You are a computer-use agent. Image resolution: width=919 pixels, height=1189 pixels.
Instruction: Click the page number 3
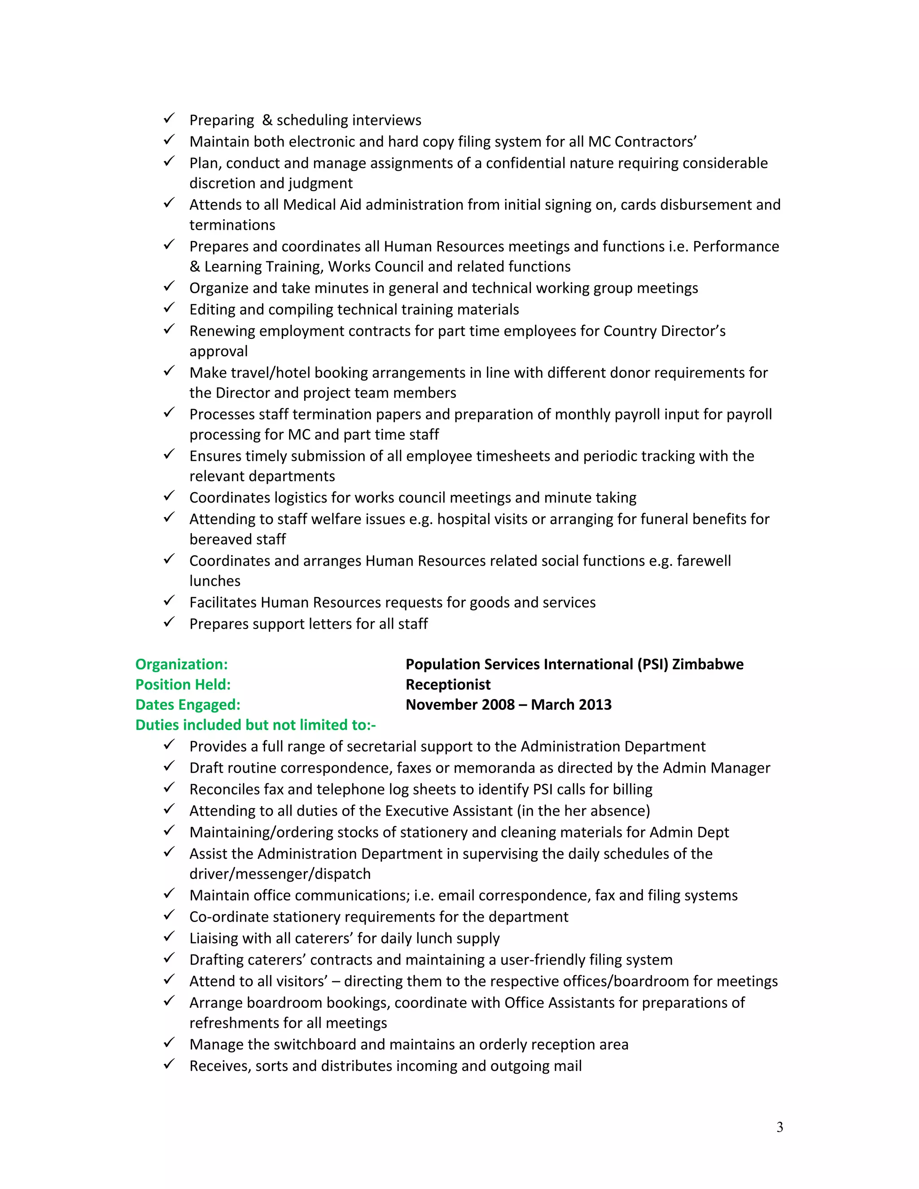(x=779, y=1127)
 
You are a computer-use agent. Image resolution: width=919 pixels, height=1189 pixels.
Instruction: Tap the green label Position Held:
(x=183, y=684)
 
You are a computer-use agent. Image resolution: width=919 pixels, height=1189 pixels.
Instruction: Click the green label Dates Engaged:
(x=188, y=704)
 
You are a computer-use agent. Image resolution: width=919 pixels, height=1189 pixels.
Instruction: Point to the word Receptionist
(x=448, y=684)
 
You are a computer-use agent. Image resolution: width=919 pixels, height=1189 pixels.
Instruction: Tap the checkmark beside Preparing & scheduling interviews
(x=169, y=118)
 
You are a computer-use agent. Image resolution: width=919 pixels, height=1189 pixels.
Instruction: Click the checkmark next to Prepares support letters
(x=169, y=622)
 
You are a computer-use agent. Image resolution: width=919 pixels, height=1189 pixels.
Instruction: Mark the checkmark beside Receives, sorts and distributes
(x=169, y=1064)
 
